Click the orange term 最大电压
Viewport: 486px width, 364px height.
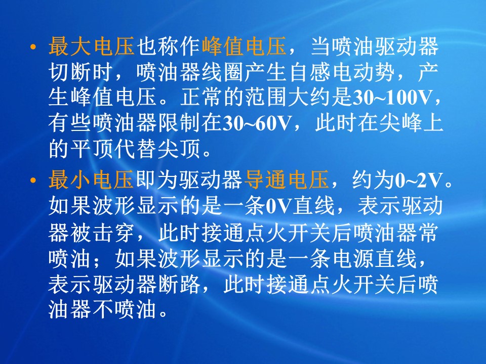coord(92,47)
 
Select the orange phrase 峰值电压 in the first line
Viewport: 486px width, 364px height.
coord(244,47)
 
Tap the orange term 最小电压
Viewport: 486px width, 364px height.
coord(92,180)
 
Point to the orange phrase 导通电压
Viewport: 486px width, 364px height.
coord(287,180)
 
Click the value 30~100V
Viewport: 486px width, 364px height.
coord(392,98)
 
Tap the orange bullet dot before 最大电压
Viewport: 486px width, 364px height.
coord(33,48)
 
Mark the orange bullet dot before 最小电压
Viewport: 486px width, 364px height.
coord(33,180)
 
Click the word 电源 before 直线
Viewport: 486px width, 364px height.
coord(353,258)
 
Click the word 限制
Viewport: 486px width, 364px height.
coord(179,123)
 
